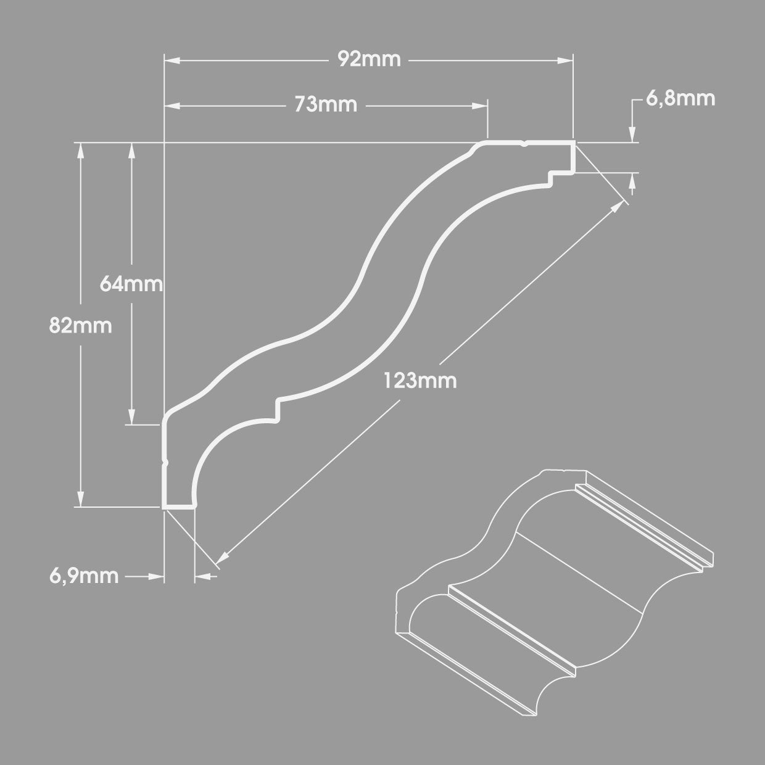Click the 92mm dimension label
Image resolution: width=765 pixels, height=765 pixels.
click(369, 60)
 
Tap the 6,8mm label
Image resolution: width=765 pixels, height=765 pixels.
click(680, 99)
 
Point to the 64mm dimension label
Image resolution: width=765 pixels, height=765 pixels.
click(131, 284)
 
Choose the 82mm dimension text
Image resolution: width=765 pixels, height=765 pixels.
click(81, 326)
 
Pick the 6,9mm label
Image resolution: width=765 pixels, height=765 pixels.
click(84, 576)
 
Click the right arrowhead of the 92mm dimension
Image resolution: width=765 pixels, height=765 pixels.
click(566, 60)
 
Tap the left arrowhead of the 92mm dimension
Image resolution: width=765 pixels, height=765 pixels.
click(172, 60)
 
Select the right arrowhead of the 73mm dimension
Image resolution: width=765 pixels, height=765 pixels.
click(480, 106)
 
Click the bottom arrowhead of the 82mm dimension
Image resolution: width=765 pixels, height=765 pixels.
click(81, 499)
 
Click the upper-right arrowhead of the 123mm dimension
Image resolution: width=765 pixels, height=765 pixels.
click(618, 206)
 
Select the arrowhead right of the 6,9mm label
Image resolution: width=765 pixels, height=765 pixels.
click(156, 576)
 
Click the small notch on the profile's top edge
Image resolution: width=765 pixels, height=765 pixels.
click(525, 144)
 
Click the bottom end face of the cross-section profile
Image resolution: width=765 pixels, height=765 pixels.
click(179, 507)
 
